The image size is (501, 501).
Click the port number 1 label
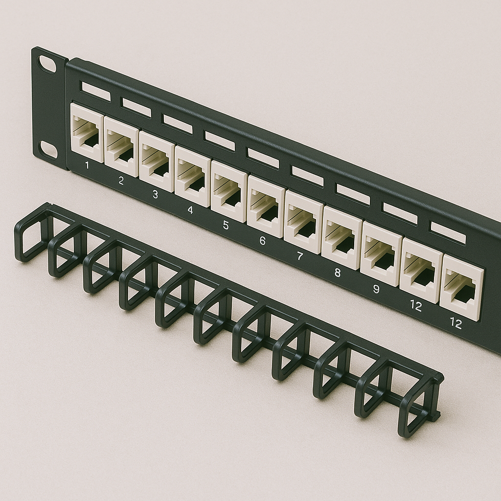[87, 165]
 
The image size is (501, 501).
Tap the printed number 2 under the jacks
[121, 181]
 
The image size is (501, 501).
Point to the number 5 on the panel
[226, 225]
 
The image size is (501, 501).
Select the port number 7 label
[299, 256]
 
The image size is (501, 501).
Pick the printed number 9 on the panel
[376, 289]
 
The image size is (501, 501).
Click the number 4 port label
[190, 210]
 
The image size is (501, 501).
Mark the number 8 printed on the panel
[337, 273]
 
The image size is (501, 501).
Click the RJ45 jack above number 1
[87, 133]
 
